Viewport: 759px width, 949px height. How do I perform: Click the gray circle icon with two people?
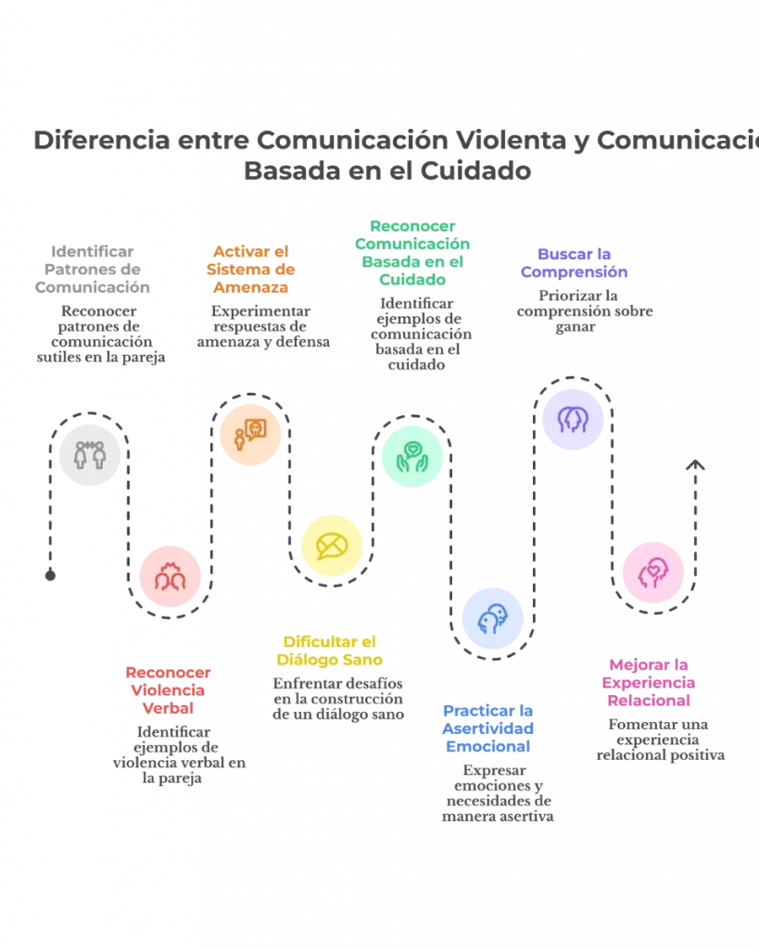89,454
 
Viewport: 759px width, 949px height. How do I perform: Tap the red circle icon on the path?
171,576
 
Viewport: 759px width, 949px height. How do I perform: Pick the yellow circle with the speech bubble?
332,547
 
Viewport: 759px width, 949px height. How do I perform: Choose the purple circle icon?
573,420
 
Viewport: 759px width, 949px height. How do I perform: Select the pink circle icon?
653,572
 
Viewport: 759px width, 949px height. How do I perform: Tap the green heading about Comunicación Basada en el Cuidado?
412,251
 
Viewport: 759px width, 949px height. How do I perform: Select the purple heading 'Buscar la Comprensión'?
575,262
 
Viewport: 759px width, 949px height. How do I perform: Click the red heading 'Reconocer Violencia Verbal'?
168,690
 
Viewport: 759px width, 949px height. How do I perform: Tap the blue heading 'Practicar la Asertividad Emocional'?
488,728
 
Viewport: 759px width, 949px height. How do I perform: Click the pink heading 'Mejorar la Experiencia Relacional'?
650,683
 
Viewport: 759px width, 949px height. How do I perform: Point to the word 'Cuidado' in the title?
474,172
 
